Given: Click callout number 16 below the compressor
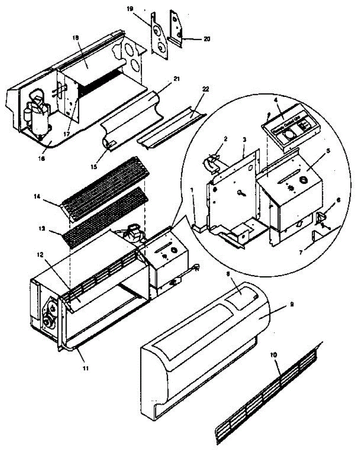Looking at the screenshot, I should coord(41,159).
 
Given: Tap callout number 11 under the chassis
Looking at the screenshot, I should coord(86,367).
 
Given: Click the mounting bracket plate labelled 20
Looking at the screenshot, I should coord(176,28).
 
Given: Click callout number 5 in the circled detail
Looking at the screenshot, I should coord(328,150).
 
